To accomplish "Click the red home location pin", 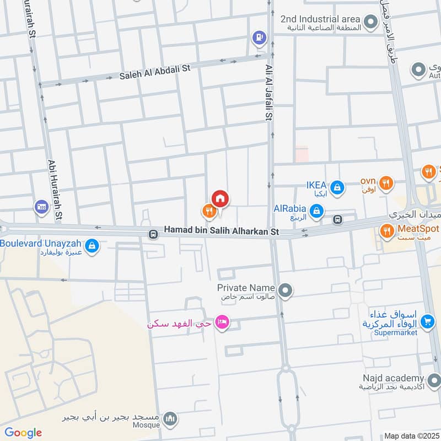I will (220, 198).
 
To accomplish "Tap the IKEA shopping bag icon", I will (338, 189).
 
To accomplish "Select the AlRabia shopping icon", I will (316, 210).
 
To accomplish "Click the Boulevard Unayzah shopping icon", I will (93, 245).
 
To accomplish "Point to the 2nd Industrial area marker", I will (371, 22).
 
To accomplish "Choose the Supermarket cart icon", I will (426, 321).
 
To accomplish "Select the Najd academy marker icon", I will (434, 380).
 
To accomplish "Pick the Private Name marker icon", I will (285, 289).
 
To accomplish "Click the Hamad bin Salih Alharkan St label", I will (221, 232).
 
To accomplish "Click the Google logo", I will (23, 433).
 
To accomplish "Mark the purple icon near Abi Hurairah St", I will (41, 207).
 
